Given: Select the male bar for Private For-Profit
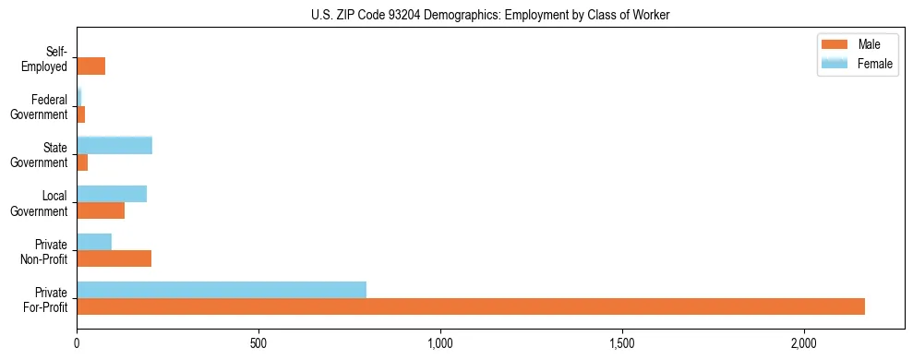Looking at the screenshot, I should click(x=470, y=306).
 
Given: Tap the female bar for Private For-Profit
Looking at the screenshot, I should click(x=222, y=290).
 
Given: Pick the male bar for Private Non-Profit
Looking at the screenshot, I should click(x=114, y=258).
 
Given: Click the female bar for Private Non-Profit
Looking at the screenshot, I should click(x=94, y=242).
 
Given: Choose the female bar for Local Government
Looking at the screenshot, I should click(x=112, y=193).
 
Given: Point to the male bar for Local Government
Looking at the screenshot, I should click(x=101, y=210).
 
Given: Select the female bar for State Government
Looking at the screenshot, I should click(x=114, y=145).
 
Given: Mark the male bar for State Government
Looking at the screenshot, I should click(x=82, y=162).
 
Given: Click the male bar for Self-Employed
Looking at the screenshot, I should click(x=90, y=66).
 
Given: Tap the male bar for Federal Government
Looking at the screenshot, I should click(x=80, y=114).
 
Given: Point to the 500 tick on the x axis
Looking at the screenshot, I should click(x=258, y=343).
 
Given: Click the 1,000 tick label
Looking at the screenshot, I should click(x=440, y=343).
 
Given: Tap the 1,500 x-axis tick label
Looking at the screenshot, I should click(x=622, y=343).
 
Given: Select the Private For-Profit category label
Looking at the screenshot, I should click(x=45, y=299).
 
